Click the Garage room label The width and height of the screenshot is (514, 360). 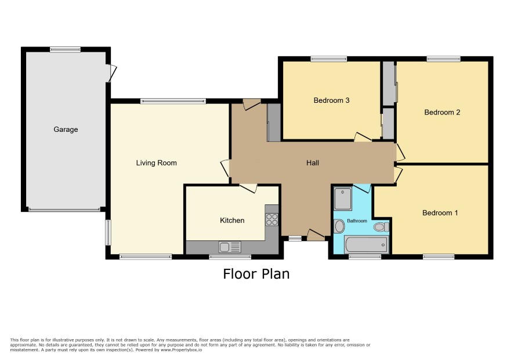click(x=66, y=129)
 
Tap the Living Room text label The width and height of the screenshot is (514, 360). click(x=157, y=163)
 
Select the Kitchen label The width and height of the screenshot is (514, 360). click(x=232, y=220)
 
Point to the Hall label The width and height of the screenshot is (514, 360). click(x=312, y=163)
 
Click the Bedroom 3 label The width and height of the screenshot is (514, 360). click(x=331, y=100)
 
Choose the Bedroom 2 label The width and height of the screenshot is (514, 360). click(x=442, y=112)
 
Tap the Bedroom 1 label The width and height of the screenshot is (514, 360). click(x=440, y=213)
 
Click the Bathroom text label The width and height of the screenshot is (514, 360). click(x=357, y=221)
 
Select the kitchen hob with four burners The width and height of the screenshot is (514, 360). click(x=272, y=219)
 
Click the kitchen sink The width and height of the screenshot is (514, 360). click(x=230, y=247)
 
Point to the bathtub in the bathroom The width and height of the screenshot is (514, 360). click(x=366, y=245)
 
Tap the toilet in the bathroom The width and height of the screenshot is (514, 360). click(x=382, y=227)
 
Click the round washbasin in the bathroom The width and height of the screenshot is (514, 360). click(x=339, y=226)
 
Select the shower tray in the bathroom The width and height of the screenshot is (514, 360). click(x=343, y=198)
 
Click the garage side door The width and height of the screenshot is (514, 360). click(x=111, y=73)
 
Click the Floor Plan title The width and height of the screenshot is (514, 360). click(x=256, y=273)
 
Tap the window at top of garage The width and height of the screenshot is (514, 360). click(x=65, y=49)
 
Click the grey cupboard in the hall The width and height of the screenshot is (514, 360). click(x=274, y=123)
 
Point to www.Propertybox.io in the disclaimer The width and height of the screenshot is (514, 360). click(x=181, y=350)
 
